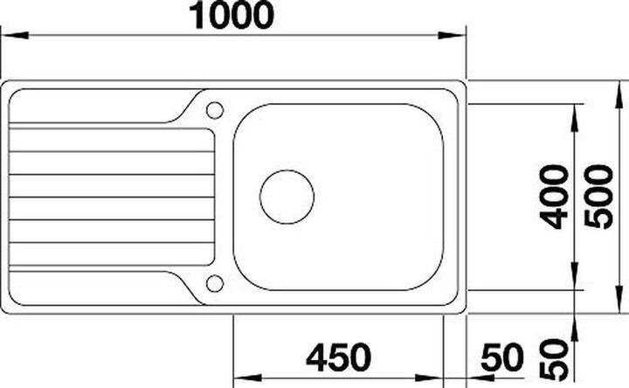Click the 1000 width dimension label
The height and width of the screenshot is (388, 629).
tap(232, 15)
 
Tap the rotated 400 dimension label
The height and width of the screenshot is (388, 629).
tap(553, 196)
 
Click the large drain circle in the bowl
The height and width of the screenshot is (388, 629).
tap(287, 196)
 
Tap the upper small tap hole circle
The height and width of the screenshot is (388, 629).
tap(214, 110)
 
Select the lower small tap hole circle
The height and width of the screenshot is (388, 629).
tap(214, 283)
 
